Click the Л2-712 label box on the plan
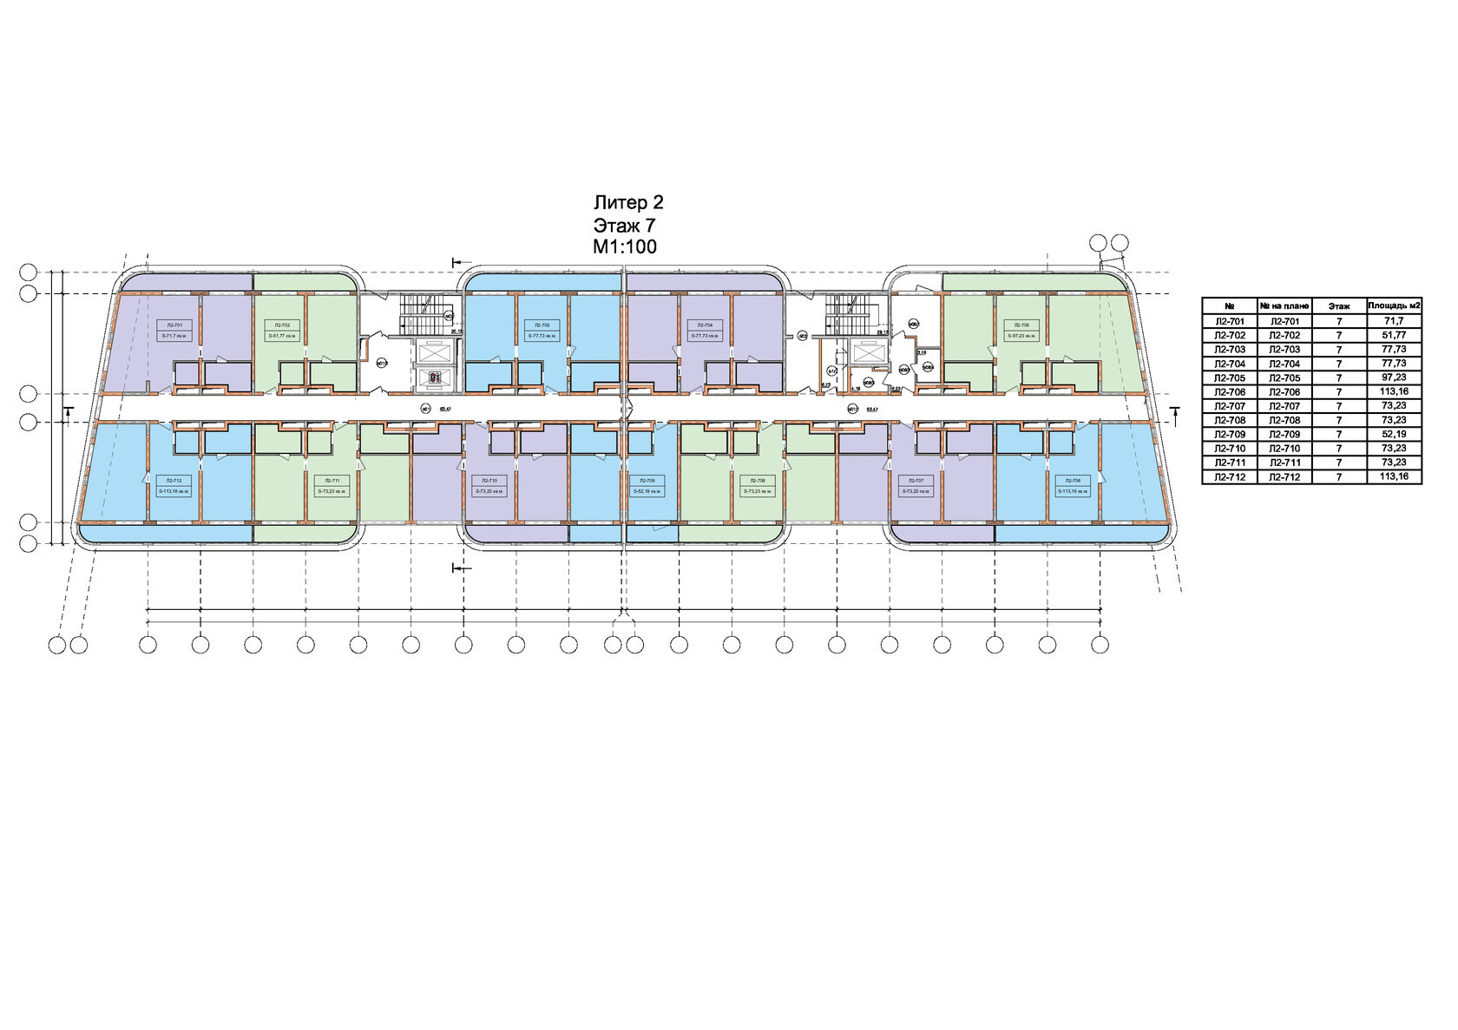coord(174,485)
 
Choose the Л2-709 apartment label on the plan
coord(647,485)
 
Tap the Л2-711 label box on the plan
coord(332,485)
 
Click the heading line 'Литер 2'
coord(628,203)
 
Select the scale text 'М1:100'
coord(625,246)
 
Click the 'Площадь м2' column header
coord(1393,305)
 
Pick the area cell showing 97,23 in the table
coord(1393,377)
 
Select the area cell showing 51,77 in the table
coord(1393,335)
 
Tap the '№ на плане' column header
coord(1283,305)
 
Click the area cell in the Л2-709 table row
coord(1393,434)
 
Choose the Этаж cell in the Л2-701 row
coord(1338,321)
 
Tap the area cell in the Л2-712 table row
coord(1393,476)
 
